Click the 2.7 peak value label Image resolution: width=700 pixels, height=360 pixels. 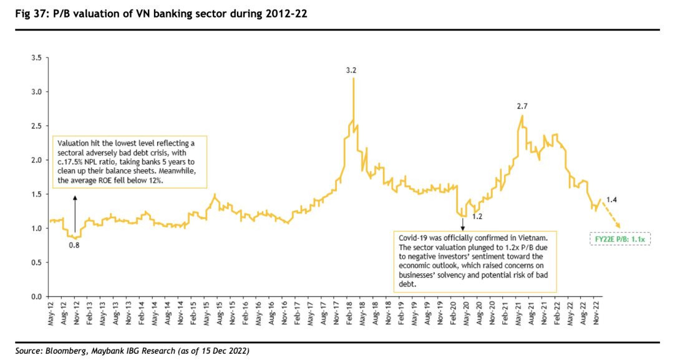522,106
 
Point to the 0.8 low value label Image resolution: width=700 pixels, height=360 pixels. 74,245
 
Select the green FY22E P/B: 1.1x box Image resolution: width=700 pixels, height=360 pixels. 620,238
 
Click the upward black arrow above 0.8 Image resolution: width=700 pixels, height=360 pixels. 75,215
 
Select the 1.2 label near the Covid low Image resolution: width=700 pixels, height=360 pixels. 477,216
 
